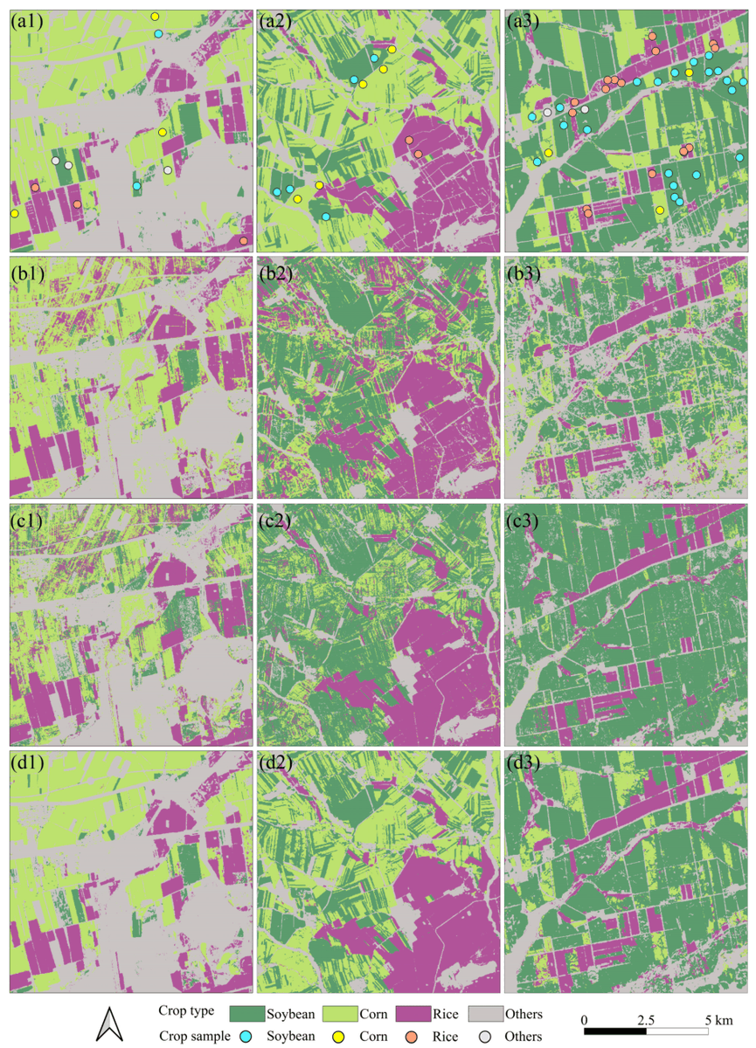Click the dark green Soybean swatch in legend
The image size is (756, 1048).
point(251,1014)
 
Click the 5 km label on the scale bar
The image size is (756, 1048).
point(718,1021)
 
